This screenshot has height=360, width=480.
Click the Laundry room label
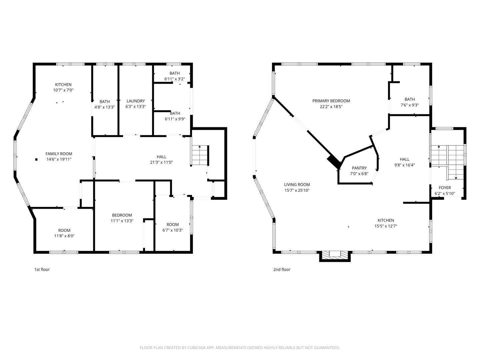click(136, 101)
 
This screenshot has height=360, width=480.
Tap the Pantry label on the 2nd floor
click(359, 168)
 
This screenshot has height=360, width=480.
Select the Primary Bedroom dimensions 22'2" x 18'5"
click(331, 107)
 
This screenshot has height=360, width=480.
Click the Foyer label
click(445, 188)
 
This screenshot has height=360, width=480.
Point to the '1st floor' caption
click(42, 269)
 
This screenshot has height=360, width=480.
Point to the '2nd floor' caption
click(282, 269)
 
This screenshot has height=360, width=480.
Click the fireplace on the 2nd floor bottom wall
click(335, 255)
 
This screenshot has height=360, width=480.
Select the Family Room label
click(59, 154)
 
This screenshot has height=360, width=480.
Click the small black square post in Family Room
click(36, 159)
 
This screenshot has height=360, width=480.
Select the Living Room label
click(297, 185)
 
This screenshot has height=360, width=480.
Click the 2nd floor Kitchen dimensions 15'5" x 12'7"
click(386, 226)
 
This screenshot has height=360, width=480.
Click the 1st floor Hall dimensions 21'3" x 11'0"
click(162, 162)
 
